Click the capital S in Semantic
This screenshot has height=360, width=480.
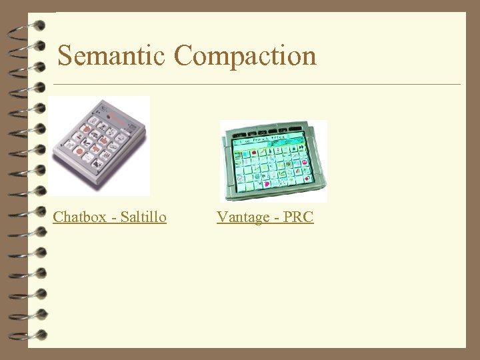click(x=65, y=55)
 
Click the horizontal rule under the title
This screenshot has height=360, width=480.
click(x=257, y=85)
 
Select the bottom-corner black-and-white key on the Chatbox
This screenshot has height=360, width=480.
click(x=97, y=163)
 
